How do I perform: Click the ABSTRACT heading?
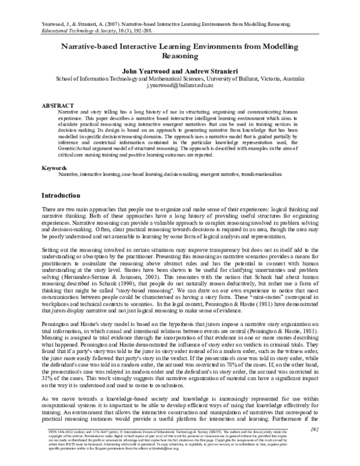[58, 105]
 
